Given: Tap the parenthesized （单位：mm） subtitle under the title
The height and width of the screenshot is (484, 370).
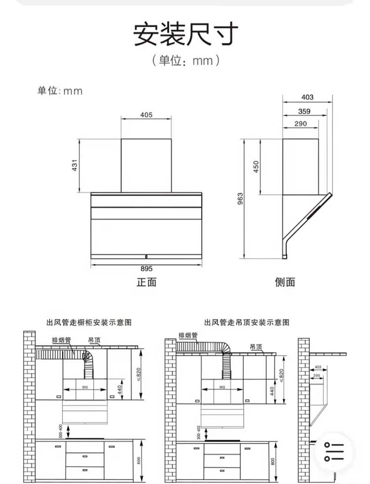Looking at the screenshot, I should (185, 61).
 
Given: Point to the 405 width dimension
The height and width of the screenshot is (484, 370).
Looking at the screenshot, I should (147, 115).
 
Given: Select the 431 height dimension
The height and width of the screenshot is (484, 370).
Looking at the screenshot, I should (74, 166).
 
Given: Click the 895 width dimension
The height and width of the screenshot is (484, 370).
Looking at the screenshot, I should (147, 269).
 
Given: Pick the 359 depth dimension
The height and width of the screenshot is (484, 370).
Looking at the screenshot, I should (304, 111).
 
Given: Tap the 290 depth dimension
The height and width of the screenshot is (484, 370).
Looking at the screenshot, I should (300, 123).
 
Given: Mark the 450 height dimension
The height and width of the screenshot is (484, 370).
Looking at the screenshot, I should (256, 167).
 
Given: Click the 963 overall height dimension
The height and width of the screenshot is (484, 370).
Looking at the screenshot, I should (241, 199).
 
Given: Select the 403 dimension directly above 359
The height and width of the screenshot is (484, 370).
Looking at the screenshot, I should (307, 97).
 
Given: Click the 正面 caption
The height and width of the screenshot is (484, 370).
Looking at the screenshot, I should (147, 282).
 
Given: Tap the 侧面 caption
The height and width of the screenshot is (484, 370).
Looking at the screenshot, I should (285, 282).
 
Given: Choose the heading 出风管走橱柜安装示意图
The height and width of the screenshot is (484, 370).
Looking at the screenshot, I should (89, 323).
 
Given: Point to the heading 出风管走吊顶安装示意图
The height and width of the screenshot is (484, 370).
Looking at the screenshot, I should (247, 323).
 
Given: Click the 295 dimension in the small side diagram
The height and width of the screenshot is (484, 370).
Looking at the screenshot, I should (317, 376).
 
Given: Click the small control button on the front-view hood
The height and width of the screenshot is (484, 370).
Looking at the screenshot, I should (147, 256).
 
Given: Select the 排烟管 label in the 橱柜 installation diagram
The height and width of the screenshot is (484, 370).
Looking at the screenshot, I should (61, 340).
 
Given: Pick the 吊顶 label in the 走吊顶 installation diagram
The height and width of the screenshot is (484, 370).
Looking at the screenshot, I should (256, 347).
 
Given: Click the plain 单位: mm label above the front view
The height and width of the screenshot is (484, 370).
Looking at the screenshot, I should (60, 91).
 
